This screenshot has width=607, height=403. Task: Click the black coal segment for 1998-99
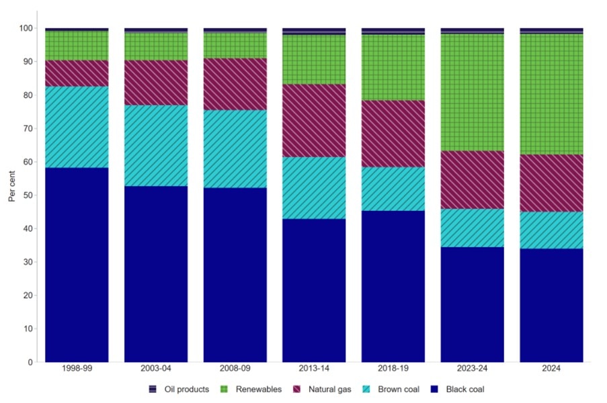(77, 265)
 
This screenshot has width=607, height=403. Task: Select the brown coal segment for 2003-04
(156, 145)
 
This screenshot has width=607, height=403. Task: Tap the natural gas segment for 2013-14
(314, 120)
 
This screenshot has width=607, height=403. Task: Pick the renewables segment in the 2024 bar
(551, 94)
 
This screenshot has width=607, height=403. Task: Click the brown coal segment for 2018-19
(393, 189)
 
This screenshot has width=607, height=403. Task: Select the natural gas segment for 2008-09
(235, 84)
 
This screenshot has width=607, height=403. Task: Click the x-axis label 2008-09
(235, 369)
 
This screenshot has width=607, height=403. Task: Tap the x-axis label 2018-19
(393, 369)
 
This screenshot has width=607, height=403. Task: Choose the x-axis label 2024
(551, 369)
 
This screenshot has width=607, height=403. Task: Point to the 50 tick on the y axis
(28, 195)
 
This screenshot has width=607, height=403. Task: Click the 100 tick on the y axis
(26, 28)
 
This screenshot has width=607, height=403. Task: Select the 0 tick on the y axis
(30, 362)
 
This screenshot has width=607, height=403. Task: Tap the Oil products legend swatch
(153, 389)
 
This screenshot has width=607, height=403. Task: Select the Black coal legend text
(465, 389)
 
